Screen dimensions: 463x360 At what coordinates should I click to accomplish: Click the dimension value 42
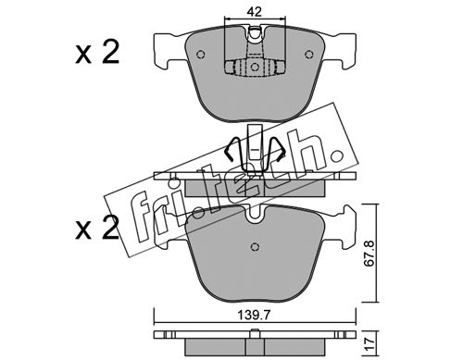pos(255,12)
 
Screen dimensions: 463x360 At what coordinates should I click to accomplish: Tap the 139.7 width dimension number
pos(254,316)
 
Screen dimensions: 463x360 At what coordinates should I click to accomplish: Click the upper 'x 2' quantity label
pos(97,53)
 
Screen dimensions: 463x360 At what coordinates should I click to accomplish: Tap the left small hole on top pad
pos(201,55)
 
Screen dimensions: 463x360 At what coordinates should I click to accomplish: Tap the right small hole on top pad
pos(308,55)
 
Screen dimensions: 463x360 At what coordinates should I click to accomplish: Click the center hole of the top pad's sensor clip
pos(255,67)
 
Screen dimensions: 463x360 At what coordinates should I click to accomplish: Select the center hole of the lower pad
pos(255,247)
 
